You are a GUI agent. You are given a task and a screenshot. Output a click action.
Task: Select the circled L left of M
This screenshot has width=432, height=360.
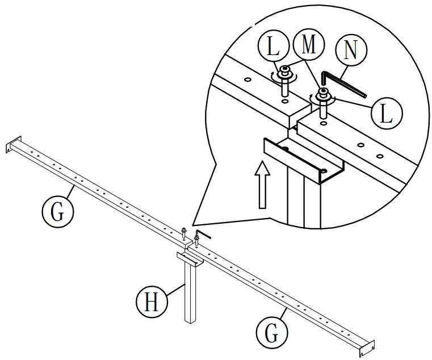pos(273,47)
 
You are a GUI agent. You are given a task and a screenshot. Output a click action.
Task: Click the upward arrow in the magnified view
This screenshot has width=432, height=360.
pos(262,185)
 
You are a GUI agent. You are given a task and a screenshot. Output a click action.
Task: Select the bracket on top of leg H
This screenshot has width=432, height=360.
pos(190,261)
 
